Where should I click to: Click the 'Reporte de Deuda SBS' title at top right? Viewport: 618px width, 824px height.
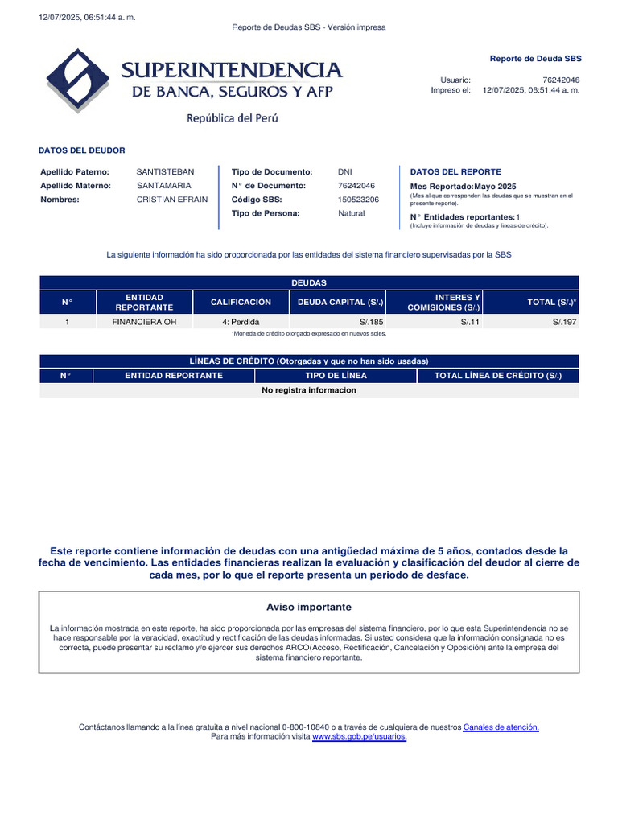click(x=535, y=59)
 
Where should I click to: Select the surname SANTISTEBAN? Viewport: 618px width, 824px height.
click(x=165, y=172)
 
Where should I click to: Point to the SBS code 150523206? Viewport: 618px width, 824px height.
click(x=358, y=200)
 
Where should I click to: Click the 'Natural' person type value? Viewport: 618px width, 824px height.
click(x=351, y=213)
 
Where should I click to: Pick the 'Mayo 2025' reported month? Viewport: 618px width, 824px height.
click(x=498, y=187)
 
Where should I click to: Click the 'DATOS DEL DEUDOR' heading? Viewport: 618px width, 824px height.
click(x=81, y=150)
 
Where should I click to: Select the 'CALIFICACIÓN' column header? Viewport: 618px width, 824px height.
click(x=241, y=302)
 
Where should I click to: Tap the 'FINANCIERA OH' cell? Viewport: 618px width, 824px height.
click(x=144, y=322)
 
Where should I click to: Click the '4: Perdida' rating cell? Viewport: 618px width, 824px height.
click(x=241, y=322)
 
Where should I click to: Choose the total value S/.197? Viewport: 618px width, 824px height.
click(x=565, y=322)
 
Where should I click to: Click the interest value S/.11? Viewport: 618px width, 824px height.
click(x=470, y=322)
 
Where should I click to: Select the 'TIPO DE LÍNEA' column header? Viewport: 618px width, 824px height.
click(x=336, y=376)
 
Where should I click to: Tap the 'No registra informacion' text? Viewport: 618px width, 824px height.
click(x=309, y=390)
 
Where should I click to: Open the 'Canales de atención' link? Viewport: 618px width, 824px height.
click(x=501, y=727)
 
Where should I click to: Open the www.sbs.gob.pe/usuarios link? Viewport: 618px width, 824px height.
click(x=360, y=737)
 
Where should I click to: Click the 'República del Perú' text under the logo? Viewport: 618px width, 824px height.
click(x=233, y=118)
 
